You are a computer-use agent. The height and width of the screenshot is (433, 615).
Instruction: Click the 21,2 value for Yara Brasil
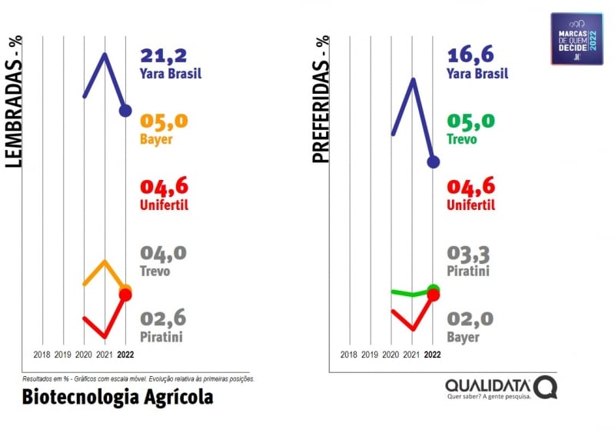click(163, 56)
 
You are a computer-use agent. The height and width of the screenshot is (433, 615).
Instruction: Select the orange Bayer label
click(156, 140)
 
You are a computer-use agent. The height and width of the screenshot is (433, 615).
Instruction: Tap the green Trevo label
click(461, 140)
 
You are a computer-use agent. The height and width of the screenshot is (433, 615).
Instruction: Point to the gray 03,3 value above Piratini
click(470, 254)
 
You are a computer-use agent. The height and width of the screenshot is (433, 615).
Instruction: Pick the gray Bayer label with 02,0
click(462, 337)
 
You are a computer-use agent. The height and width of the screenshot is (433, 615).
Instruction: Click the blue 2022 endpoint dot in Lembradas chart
click(125, 111)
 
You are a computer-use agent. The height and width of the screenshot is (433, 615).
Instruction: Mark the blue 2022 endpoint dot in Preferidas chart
click(433, 162)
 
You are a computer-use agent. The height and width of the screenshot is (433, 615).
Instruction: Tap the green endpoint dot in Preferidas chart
click(433, 289)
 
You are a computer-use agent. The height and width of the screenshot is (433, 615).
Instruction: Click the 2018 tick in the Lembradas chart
click(43, 355)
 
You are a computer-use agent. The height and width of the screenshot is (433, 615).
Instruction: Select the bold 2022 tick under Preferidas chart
click(433, 355)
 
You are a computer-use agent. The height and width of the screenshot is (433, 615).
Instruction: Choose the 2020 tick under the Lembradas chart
click(84, 355)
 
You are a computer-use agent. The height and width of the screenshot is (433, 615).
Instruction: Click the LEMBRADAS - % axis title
click(13, 99)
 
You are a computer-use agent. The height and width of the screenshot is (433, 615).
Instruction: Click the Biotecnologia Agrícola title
click(118, 398)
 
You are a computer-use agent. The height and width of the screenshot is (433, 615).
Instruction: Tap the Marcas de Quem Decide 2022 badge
click(577, 38)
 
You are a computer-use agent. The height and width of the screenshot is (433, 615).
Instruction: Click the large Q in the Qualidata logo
click(546, 386)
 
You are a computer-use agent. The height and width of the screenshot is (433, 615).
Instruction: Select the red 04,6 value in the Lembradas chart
click(164, 188)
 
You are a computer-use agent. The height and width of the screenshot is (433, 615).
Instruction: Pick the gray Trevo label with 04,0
click(155, 271)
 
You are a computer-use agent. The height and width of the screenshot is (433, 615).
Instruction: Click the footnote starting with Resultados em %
click(138, 379)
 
